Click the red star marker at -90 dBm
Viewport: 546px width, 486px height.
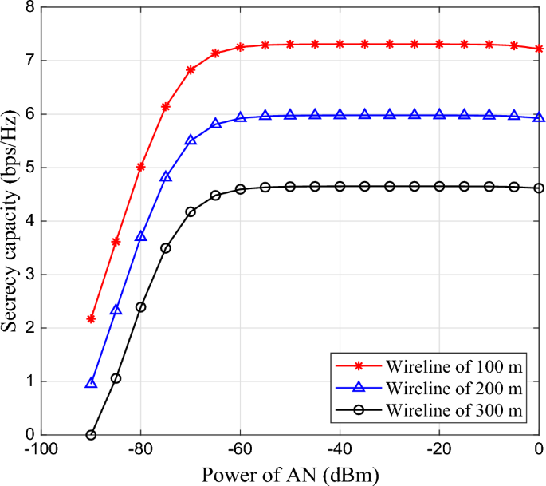(x=91, y=318)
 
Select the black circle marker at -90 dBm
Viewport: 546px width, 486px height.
(x=91, y=435)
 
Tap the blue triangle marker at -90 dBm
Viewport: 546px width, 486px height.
(x=91, y=383)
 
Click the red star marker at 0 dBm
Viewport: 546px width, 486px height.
(x=539, y=49)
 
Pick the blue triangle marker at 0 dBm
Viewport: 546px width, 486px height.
(x=539, y=117)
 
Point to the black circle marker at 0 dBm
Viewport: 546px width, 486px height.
(x=539, y=188)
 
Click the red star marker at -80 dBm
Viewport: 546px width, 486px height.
(x=141, y=167)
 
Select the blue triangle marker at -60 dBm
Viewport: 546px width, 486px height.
(x=240, y=117)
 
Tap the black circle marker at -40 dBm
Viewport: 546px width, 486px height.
(x=340, y=186)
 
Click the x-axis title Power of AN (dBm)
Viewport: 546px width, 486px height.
(x=289, y=473)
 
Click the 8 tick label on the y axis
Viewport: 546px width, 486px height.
(x=29, y=7)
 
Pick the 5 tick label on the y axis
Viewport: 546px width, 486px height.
(x=29, y=168)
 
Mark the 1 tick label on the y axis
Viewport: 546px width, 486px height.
(x=29, y=381)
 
